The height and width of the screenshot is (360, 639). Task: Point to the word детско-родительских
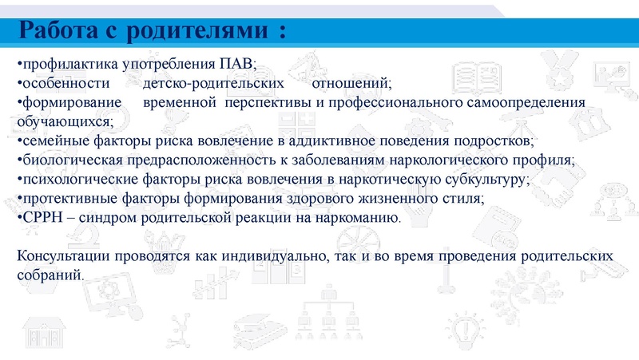click(x=214, y=83)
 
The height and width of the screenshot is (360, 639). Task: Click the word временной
click(x=181, y=103)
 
